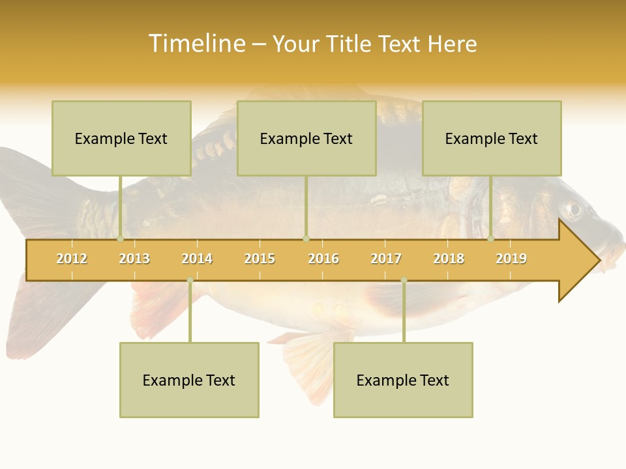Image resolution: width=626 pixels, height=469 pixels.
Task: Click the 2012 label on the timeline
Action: [72, 259]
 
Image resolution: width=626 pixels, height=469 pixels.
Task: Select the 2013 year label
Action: [134, 259]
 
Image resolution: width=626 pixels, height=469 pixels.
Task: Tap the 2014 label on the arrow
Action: [197, 259]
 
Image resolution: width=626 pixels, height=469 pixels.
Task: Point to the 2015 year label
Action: [260, 259]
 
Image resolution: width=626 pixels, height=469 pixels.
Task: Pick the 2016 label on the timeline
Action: [323, 259]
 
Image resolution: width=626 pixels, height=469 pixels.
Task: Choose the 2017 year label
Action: [386, 259]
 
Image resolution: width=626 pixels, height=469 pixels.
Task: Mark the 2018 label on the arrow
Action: [449, 259]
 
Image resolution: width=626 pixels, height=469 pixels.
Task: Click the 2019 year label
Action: [511, 259]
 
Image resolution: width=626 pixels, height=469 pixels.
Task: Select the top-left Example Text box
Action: [121, 138]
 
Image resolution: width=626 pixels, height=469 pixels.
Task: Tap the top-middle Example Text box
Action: [306, 138]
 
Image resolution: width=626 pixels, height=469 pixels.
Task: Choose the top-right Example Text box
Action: [492, 138]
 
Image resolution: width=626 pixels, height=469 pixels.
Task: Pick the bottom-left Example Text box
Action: [189, 380]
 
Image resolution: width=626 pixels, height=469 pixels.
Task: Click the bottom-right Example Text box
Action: [403, 380]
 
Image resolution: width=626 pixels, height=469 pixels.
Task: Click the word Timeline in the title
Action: [196, 44]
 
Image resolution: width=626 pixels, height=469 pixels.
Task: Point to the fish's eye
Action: [573, 210]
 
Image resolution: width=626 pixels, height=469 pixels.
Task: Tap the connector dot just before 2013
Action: [120, 239]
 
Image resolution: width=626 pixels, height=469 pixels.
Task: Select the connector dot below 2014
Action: [190, 280]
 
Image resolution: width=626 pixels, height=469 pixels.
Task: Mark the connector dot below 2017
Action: [404, 280]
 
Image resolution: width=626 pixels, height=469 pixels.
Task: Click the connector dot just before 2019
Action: [491, 239]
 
